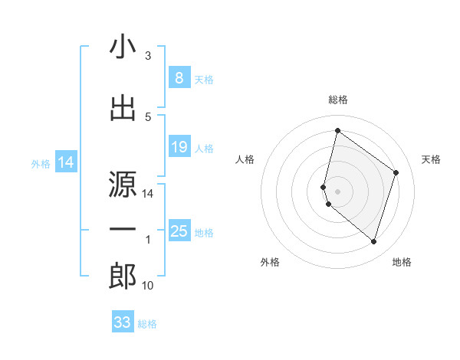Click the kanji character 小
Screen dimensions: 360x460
point(123,48)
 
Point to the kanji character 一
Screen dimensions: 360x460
point(123,229)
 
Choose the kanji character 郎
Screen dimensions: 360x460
point(123,277)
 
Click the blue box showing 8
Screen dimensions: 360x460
point(179,78)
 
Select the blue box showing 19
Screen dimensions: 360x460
point(179,147)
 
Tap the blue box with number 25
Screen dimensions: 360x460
point(179,231)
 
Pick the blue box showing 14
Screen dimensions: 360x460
point(65,162)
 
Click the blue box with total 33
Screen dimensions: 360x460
point(123,322)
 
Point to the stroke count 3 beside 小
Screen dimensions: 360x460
point(148,56)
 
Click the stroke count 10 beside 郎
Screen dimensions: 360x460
point(148,286)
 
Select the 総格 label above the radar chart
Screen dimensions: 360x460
point(338,100)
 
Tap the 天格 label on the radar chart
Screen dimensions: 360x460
point(432,159)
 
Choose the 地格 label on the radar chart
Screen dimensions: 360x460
point(402,262)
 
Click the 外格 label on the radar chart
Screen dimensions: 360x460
point(270,262)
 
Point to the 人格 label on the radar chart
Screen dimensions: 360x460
point(245,159)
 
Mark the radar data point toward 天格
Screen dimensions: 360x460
point(396,172)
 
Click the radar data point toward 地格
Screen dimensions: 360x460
point(373,242)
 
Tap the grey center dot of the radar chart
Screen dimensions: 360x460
point(338,191)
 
